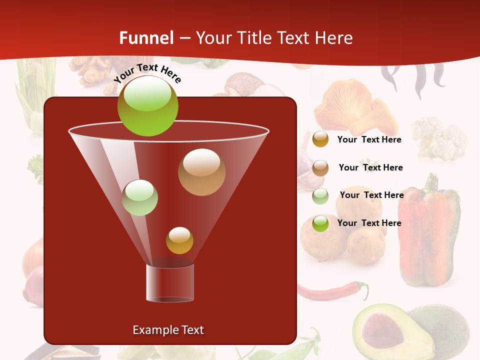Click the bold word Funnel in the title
point(146,38)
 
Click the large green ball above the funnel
point(147,105)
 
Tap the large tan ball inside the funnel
point(201,172)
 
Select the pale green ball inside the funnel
point(139,197)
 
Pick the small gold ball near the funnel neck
point(179,240)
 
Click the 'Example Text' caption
point(168,330)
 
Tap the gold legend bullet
point(320,139)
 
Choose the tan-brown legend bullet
point(320,168)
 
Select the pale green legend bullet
point(320,196)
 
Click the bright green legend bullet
point(320,223)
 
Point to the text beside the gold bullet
point(369,139)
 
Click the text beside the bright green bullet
point(369,223)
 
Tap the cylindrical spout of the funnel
point(170,282)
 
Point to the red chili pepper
point(332,291)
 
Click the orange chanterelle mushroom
point(352,107)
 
